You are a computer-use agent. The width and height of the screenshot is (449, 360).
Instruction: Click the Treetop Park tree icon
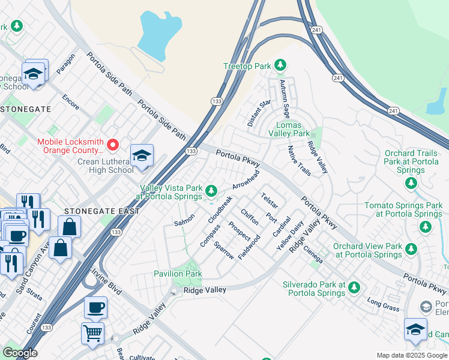tap(280, 65)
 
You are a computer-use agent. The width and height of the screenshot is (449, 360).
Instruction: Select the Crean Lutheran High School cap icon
tap(142, 156)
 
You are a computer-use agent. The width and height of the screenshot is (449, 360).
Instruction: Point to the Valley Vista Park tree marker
tap(211, 191)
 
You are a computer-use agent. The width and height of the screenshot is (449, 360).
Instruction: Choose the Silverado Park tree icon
tap(354, 287)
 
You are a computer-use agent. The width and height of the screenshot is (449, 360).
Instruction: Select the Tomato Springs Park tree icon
tap(426, 226)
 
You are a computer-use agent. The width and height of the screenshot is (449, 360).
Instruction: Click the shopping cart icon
tap(92, 332)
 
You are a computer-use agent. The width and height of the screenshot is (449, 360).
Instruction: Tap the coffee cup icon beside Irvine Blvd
tap(95, 307)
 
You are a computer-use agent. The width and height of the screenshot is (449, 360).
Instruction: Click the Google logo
tap(20, 353)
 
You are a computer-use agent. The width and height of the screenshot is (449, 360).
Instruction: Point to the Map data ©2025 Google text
tap(411, 355)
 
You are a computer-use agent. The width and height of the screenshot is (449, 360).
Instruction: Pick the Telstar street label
tap(270, 200)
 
